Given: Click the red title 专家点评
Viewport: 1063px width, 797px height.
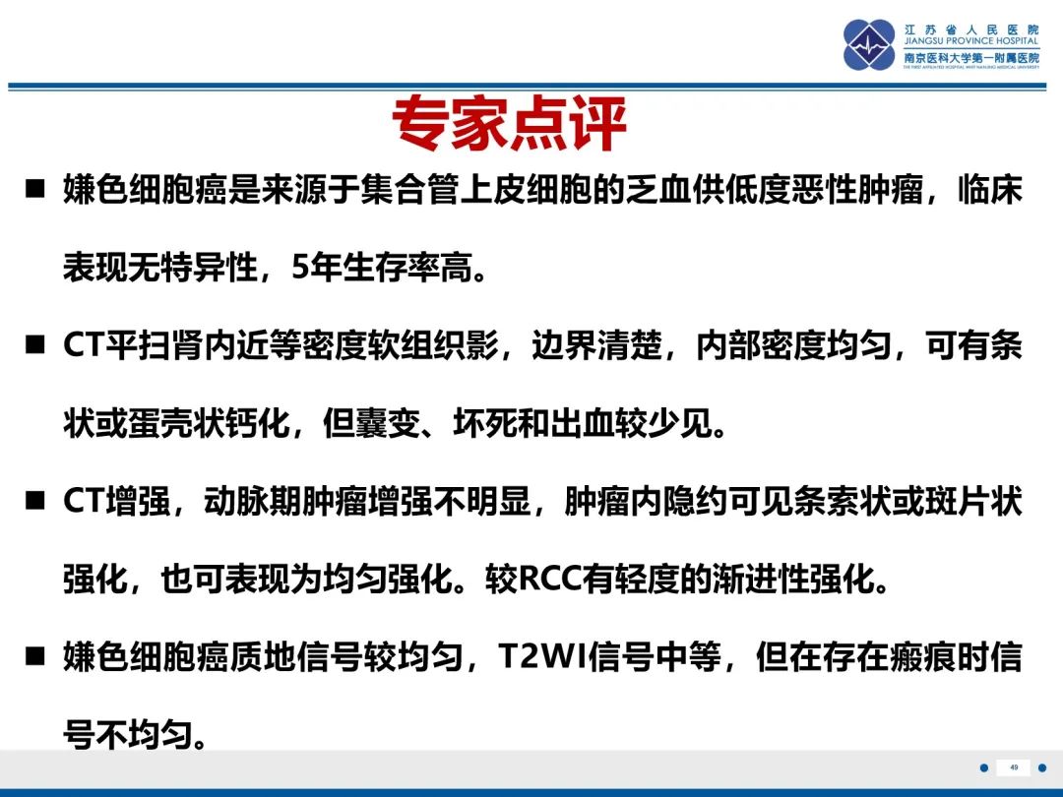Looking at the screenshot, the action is point(509,123).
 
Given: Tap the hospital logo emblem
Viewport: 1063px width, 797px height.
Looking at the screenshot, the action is point(869,44).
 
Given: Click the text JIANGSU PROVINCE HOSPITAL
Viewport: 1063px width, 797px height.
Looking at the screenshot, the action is point(970,40).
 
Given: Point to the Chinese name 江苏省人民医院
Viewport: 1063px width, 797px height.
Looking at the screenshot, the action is point(970,30).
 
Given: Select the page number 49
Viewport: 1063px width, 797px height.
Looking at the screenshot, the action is point(1014,767).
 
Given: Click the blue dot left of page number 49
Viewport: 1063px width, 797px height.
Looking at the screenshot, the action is point(983,767).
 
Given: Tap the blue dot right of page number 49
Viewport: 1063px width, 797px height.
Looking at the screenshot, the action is point(1042,767).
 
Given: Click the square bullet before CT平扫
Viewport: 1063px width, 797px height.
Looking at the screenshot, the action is point(35,345).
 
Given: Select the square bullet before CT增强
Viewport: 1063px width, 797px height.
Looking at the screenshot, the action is point(35,501).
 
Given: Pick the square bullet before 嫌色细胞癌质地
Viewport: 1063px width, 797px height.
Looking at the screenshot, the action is point(35,656).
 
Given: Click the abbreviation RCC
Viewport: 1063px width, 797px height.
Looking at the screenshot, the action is point(551,580).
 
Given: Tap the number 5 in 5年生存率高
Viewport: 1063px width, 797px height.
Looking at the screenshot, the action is point(299,268).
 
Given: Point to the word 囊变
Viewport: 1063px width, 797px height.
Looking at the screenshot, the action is point(388,423).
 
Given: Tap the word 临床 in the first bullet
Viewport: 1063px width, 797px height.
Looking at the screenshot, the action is point(990,189).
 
